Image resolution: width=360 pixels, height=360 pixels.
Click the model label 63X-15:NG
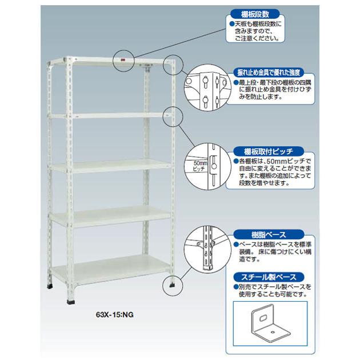tap(114, 314)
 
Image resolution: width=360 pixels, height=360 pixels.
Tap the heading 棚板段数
tap(255, 14)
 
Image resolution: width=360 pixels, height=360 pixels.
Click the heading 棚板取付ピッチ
tap(269, 151)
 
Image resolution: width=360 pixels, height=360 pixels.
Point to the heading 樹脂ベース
tap(269, 235)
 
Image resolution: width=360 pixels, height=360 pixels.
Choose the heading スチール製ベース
tap(269, 277)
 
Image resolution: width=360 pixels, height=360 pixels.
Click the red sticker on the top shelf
tap(123, 61)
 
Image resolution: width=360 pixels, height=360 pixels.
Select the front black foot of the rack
tap(71, 302)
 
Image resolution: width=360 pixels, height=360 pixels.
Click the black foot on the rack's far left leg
tap(50, 286)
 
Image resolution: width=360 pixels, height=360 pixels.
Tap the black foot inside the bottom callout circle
tap(172, 285)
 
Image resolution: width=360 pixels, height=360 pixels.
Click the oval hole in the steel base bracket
tap(263, 318)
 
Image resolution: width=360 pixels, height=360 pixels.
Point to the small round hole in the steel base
tap(273, 332)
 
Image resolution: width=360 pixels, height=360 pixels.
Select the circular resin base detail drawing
tap(207, 249)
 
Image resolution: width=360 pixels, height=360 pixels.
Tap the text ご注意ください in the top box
tap(257, 38)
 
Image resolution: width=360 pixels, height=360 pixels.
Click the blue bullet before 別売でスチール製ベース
tap(235, 287)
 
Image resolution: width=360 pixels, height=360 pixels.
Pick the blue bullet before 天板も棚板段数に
tap(232, 24)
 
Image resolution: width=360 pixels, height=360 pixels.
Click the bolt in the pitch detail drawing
tap(214, 166)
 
